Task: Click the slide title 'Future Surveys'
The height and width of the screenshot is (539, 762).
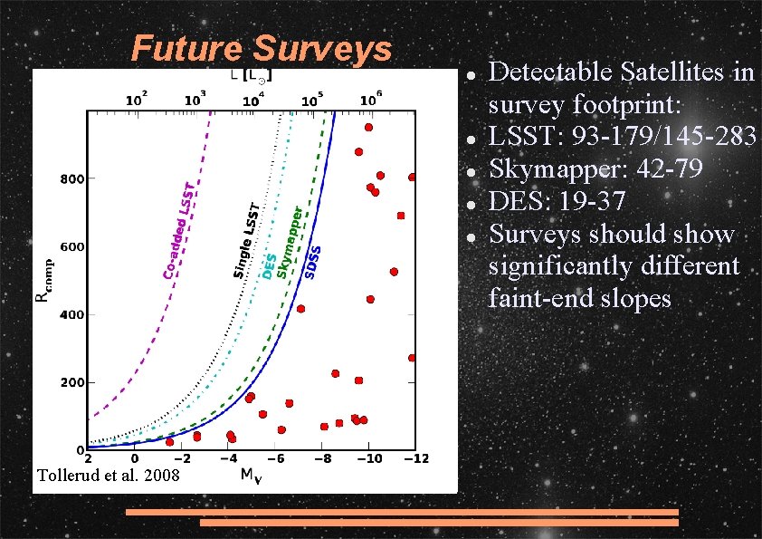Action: click(x=261, y=49)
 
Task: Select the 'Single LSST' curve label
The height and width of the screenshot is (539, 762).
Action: click(x=246, y=239)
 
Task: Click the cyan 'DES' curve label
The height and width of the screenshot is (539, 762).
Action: click(x=269, y=265)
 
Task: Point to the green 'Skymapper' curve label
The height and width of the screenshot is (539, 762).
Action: click(x=289, y=241)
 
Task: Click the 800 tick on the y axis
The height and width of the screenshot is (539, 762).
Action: click(x=68, y=178)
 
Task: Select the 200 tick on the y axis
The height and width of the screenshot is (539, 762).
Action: click(x=68, y=383)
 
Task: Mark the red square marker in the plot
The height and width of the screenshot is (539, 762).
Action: click(x=400, y=216)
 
